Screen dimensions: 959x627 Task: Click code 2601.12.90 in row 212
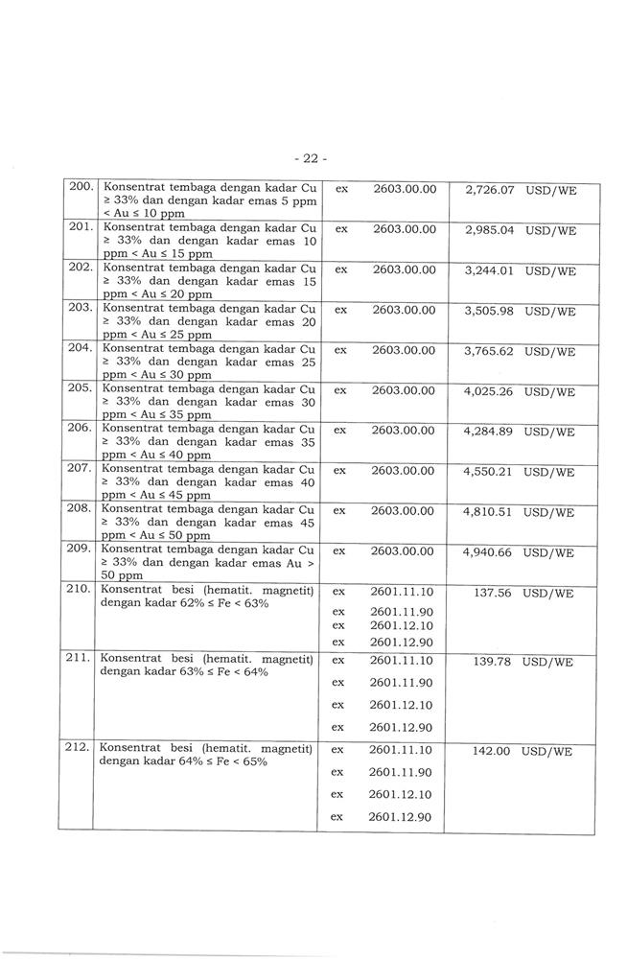pos(401,817)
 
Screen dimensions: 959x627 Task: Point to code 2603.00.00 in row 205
pos(404,391)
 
